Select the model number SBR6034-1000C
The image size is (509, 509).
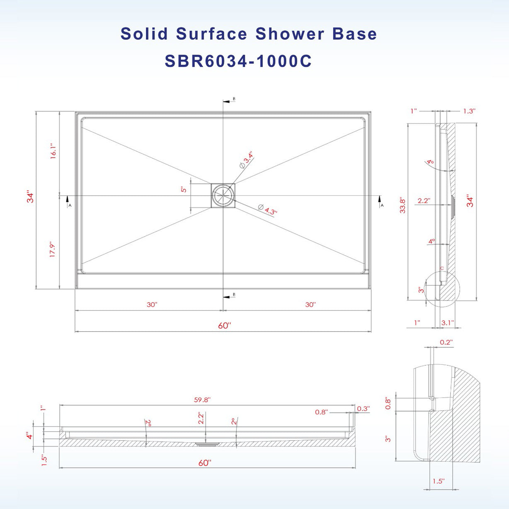tap(238, 61)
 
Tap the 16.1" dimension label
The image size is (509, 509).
tap(53, 152)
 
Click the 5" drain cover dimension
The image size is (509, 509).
tap(184, 189)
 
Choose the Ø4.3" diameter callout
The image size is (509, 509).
tap(267, 209)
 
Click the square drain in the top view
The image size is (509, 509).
tap(223, 195)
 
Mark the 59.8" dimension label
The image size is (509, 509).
tap(202, 400)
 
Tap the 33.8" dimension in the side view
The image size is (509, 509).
tap(402, 205)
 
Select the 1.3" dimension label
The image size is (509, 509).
tap(469, 111)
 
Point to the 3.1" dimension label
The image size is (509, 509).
tap(448, 322)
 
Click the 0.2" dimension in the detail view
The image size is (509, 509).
tap(446, 342)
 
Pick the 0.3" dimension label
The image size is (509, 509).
tap(363, 409)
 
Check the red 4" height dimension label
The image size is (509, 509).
tap(29, 436)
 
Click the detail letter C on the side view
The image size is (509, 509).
tap(442, 269)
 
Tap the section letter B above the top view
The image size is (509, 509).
tap(234, 99)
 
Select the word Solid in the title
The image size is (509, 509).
tap(144, 34)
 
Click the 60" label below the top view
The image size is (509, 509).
tap(224, 326)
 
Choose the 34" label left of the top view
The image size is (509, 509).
tap(30, 196)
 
